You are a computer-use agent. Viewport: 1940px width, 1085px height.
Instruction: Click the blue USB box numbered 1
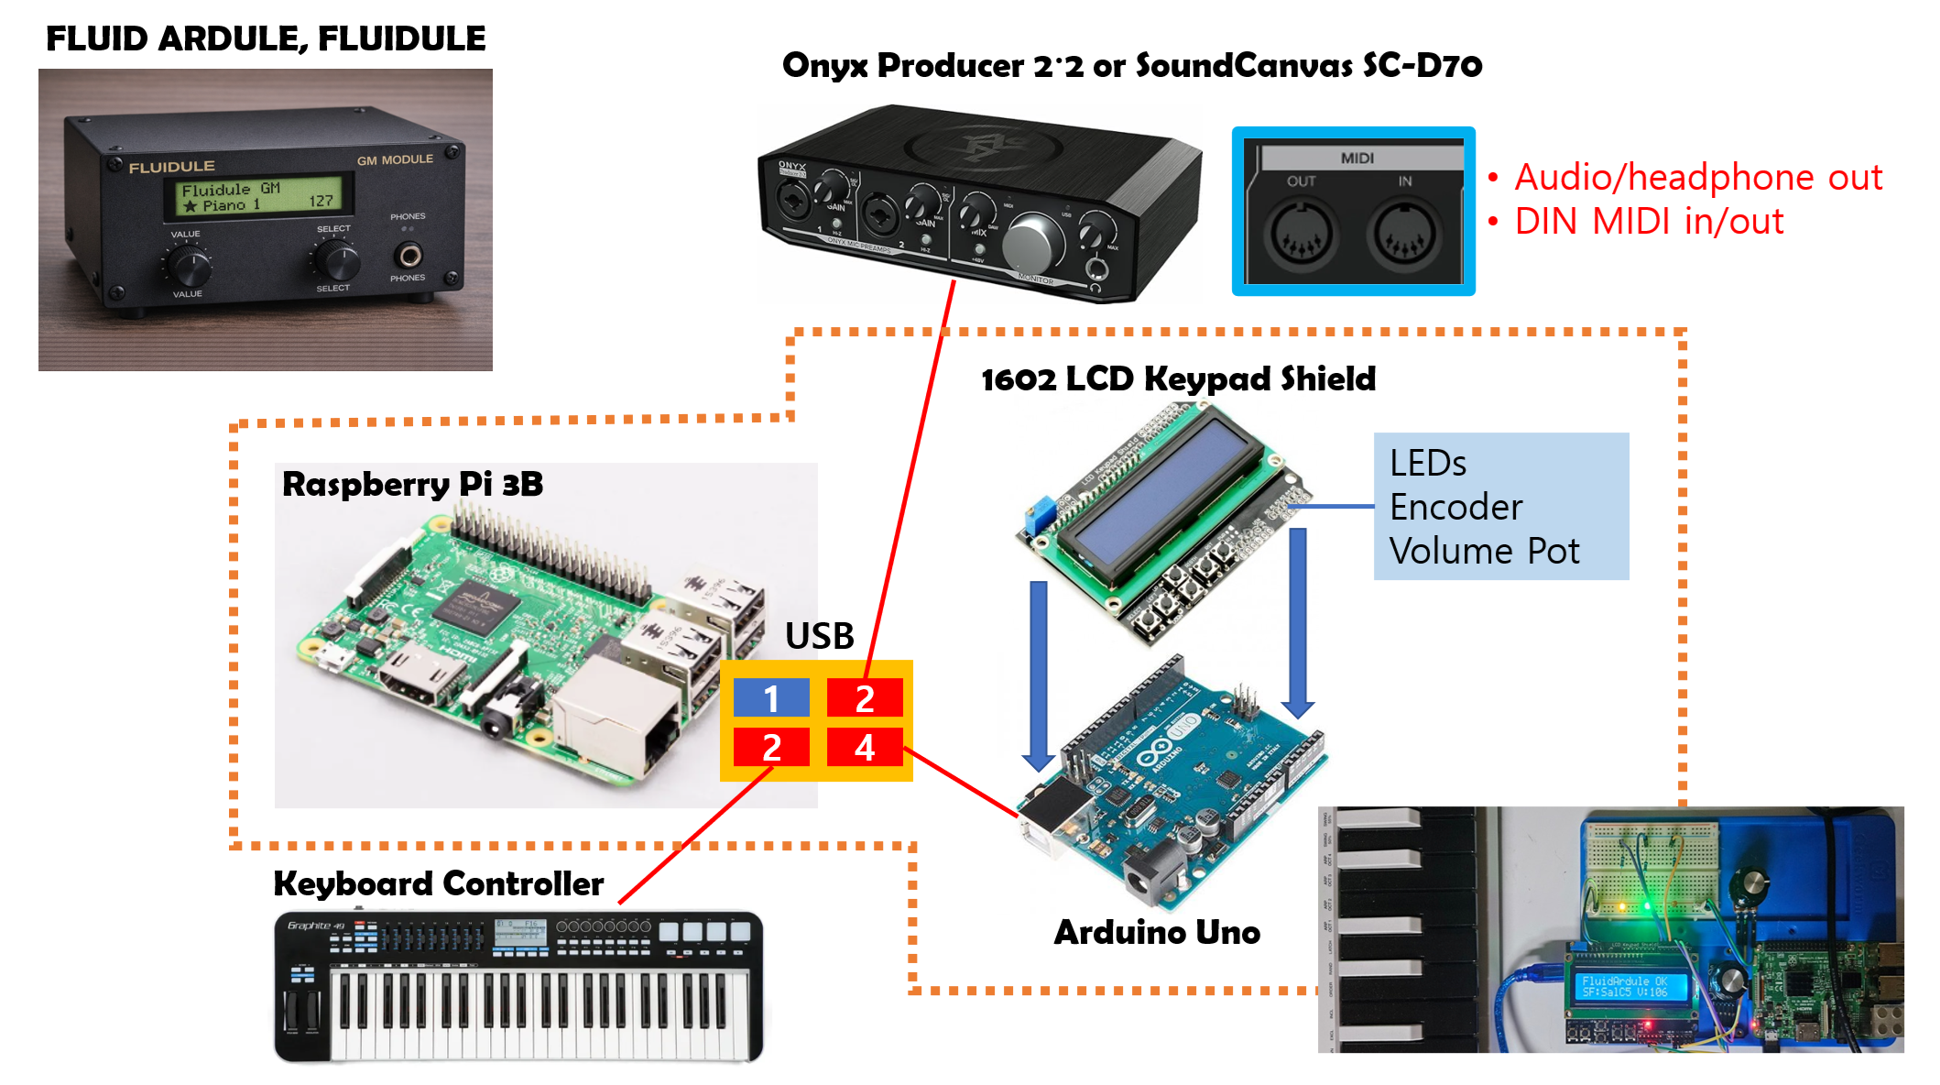tap(771, 697)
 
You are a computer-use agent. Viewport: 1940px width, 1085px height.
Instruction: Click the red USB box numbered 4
tap(865, 747)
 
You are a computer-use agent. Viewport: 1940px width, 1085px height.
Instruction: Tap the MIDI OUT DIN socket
tap(1301, 234)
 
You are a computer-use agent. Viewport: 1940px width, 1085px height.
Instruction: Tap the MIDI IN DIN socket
tap(1403, 234)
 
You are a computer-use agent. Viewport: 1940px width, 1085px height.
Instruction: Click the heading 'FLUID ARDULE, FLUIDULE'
tap(266, 38)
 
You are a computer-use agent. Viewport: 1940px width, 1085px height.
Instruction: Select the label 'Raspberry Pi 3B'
tap(412, 484)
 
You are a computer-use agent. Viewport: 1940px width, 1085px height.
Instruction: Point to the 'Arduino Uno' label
tap(1157, 932)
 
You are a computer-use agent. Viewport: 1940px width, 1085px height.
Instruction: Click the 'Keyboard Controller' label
tap(438, 883)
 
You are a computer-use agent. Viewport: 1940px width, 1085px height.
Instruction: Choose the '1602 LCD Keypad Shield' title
tap(1178, 378)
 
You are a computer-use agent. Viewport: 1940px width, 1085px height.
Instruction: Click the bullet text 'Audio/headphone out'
tap(1697, 177)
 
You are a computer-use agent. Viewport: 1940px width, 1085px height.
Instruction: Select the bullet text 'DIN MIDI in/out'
tap(1649, 221)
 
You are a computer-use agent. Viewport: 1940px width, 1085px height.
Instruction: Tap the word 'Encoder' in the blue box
tap(1455, 507)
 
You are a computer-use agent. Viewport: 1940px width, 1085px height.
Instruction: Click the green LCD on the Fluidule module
tap(258, 196)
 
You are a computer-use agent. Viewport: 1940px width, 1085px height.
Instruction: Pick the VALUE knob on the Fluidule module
tap(190, 267)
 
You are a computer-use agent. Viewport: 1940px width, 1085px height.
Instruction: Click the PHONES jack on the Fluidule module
tap(408, 254)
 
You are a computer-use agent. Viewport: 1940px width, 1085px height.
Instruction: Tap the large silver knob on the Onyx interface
tap(1033, 244)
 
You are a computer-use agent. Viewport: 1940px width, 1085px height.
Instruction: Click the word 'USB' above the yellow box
tap(819, 636)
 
